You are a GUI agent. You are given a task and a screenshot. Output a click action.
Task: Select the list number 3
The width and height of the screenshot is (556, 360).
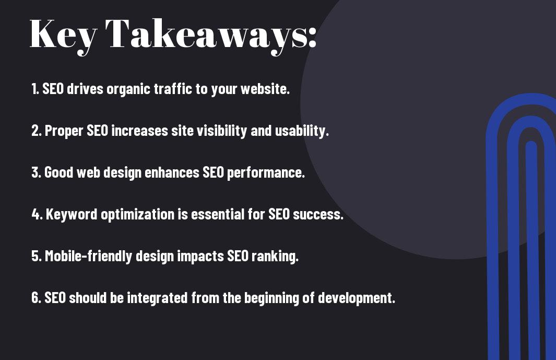(x=36, y=172)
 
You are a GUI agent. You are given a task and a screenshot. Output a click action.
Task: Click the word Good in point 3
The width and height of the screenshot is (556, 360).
(x=58, y=172)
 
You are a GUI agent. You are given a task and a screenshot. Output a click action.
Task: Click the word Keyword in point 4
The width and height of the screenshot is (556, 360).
(x=72, y=214)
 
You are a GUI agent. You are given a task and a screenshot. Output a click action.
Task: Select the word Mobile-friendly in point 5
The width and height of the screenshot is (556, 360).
(x=88, y=257)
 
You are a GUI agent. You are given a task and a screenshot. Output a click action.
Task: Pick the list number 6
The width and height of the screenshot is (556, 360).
(x=36, y=298)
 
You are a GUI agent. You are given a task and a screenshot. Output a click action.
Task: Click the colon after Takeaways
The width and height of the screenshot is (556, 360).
(x=312, y=37)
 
